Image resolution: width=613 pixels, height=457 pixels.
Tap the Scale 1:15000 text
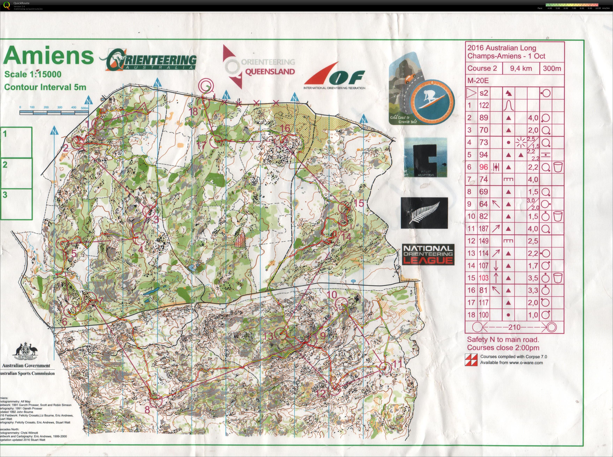coord(33,74)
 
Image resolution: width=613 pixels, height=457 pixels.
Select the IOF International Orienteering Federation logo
coord(335,75)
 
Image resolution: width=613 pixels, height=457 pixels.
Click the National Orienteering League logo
coord(428,254)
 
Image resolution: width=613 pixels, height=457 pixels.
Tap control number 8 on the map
coord(147,410)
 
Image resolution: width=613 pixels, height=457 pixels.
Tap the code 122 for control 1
coord(484,105)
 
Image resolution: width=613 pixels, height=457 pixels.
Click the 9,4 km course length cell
coord(521,68)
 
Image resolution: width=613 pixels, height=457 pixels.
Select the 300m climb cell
coord(552,68)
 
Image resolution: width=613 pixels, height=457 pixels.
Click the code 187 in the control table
coord(484,229)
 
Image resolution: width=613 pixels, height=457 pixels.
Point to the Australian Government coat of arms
coord(25,352)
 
